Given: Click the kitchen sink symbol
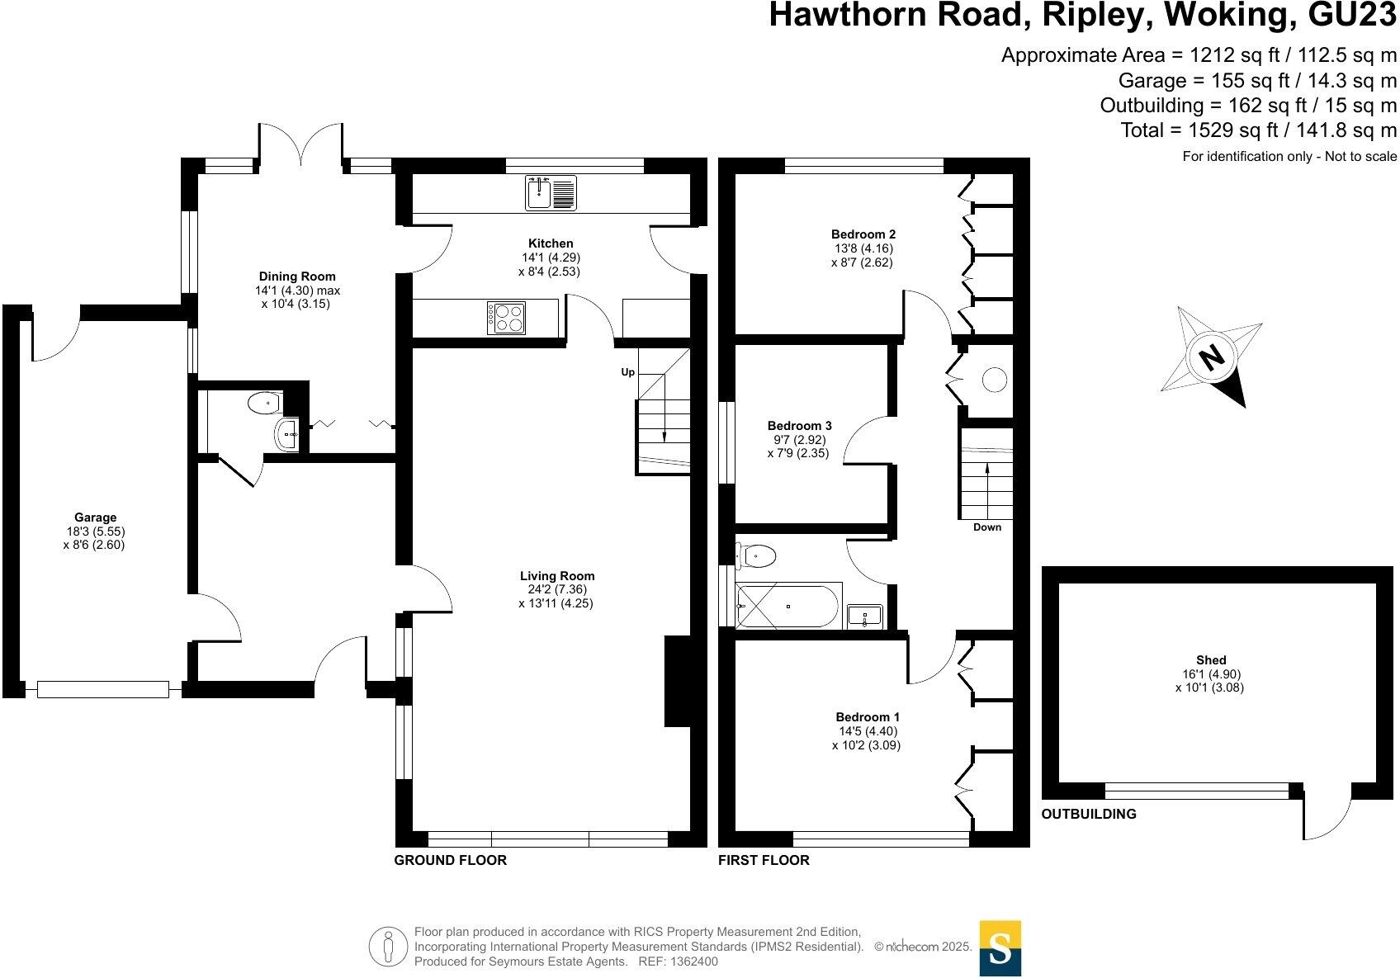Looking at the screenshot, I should click(x=551, y=193).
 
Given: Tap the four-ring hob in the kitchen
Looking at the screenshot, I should click(x=506, y=318).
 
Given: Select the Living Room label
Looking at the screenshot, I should click(x=557, y=576).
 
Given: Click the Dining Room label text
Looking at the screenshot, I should click(x=297, y=276).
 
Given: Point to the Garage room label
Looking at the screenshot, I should click(x=96, y=518).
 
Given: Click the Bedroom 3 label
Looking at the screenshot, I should click(x=799, y=426).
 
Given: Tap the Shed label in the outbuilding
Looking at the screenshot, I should click(x=1211, y=660).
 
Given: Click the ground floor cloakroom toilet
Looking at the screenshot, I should click(x=263, y=404).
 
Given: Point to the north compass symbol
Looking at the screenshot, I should click(x=1211, y=357).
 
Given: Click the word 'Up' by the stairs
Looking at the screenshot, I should click(x=628, y=372).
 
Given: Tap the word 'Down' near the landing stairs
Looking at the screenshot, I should click(x=987, y=527).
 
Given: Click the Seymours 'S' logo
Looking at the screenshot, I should click(x=1000, y=947).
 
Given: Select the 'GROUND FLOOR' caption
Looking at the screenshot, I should click(x=450, y=860).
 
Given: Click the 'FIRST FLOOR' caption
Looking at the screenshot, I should click(x=764, y=860).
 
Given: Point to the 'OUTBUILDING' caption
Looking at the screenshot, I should click(x=1089, y=814).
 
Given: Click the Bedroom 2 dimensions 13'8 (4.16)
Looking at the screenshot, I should click(x=863, y=248).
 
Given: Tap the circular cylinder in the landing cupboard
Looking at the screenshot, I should click(x=994, y=380).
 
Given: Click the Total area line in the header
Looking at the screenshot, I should click(x=1258, y=130).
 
